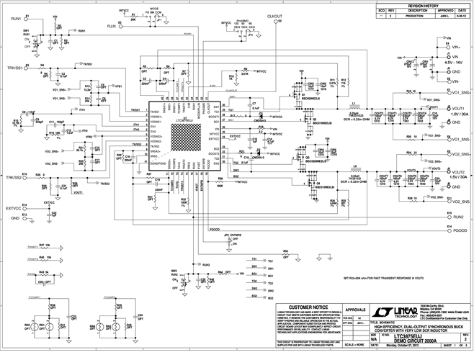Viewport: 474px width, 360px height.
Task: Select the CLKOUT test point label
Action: [274, 15]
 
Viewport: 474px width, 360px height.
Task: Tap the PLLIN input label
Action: [111, 25]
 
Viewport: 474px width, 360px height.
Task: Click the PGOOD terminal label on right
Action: [459, 230]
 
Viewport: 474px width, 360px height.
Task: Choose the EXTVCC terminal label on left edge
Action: [14, 208]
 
